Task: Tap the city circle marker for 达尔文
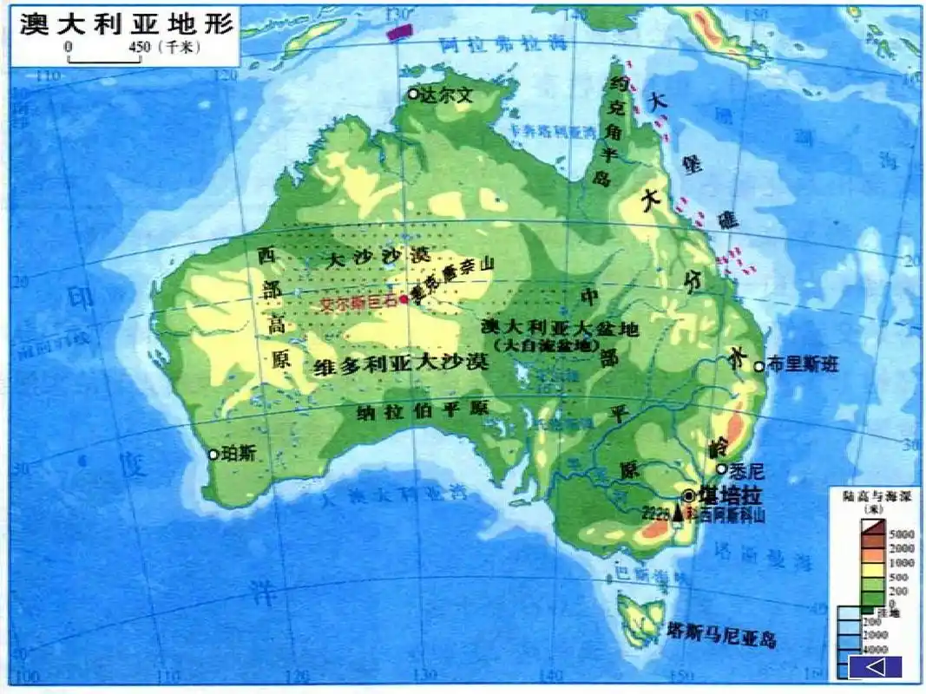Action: coord(413,94)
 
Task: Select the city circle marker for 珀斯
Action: coord(213,454)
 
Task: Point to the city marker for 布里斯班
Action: coord(759,366)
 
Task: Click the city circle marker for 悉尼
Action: coord(721,468)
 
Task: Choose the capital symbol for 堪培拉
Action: coord(689,495)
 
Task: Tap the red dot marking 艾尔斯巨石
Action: coord(404,299)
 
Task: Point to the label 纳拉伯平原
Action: coord(424,409)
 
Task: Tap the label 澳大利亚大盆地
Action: coord(560,328)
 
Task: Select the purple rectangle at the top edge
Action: coord(399,31)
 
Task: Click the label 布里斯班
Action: coord(803,366)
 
